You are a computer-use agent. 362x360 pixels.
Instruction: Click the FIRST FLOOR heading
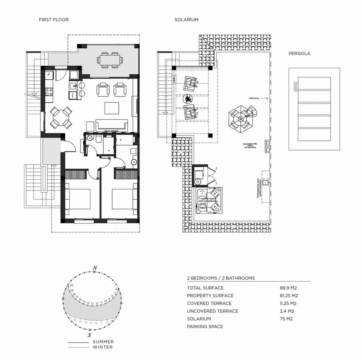click(54, 20)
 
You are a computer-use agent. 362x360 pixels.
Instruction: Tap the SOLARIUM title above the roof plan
click(186, 20)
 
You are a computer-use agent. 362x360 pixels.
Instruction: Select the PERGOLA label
click(299, 54)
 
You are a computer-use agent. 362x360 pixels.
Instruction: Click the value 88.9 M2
click(288, 288)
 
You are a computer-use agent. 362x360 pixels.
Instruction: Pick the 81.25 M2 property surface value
click(289, 296)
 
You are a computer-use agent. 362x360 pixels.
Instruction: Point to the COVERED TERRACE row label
click(209, 304)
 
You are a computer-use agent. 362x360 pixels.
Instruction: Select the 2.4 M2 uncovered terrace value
click(287, 311)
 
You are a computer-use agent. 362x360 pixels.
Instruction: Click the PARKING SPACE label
click(205, 327)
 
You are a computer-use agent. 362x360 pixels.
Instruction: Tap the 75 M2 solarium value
click(286, 319)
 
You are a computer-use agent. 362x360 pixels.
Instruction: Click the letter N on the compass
click(95, 268)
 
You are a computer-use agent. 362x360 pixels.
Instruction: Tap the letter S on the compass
click(89, 335)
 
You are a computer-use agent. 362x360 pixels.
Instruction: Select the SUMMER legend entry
click(103, 342)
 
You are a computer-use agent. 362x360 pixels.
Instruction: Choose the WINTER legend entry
click(103, 347)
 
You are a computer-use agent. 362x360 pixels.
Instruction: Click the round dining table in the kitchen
click(61, 117)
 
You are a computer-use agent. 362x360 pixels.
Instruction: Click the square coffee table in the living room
click(112, 108)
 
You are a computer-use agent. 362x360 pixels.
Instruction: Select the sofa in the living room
click(112, 125)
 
